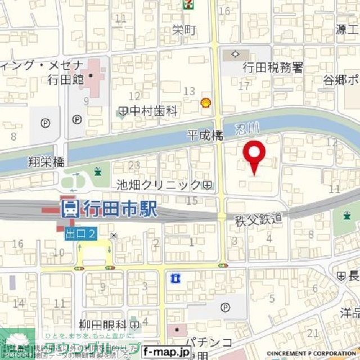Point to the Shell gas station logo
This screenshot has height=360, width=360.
[206, 102]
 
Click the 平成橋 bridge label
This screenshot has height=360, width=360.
[205, 136]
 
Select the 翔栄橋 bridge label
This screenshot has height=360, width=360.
[46, 163]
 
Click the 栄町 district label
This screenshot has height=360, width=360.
[184, 30]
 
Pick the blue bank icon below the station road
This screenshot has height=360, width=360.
[175, 278]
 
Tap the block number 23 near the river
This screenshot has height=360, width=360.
[134, 165]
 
